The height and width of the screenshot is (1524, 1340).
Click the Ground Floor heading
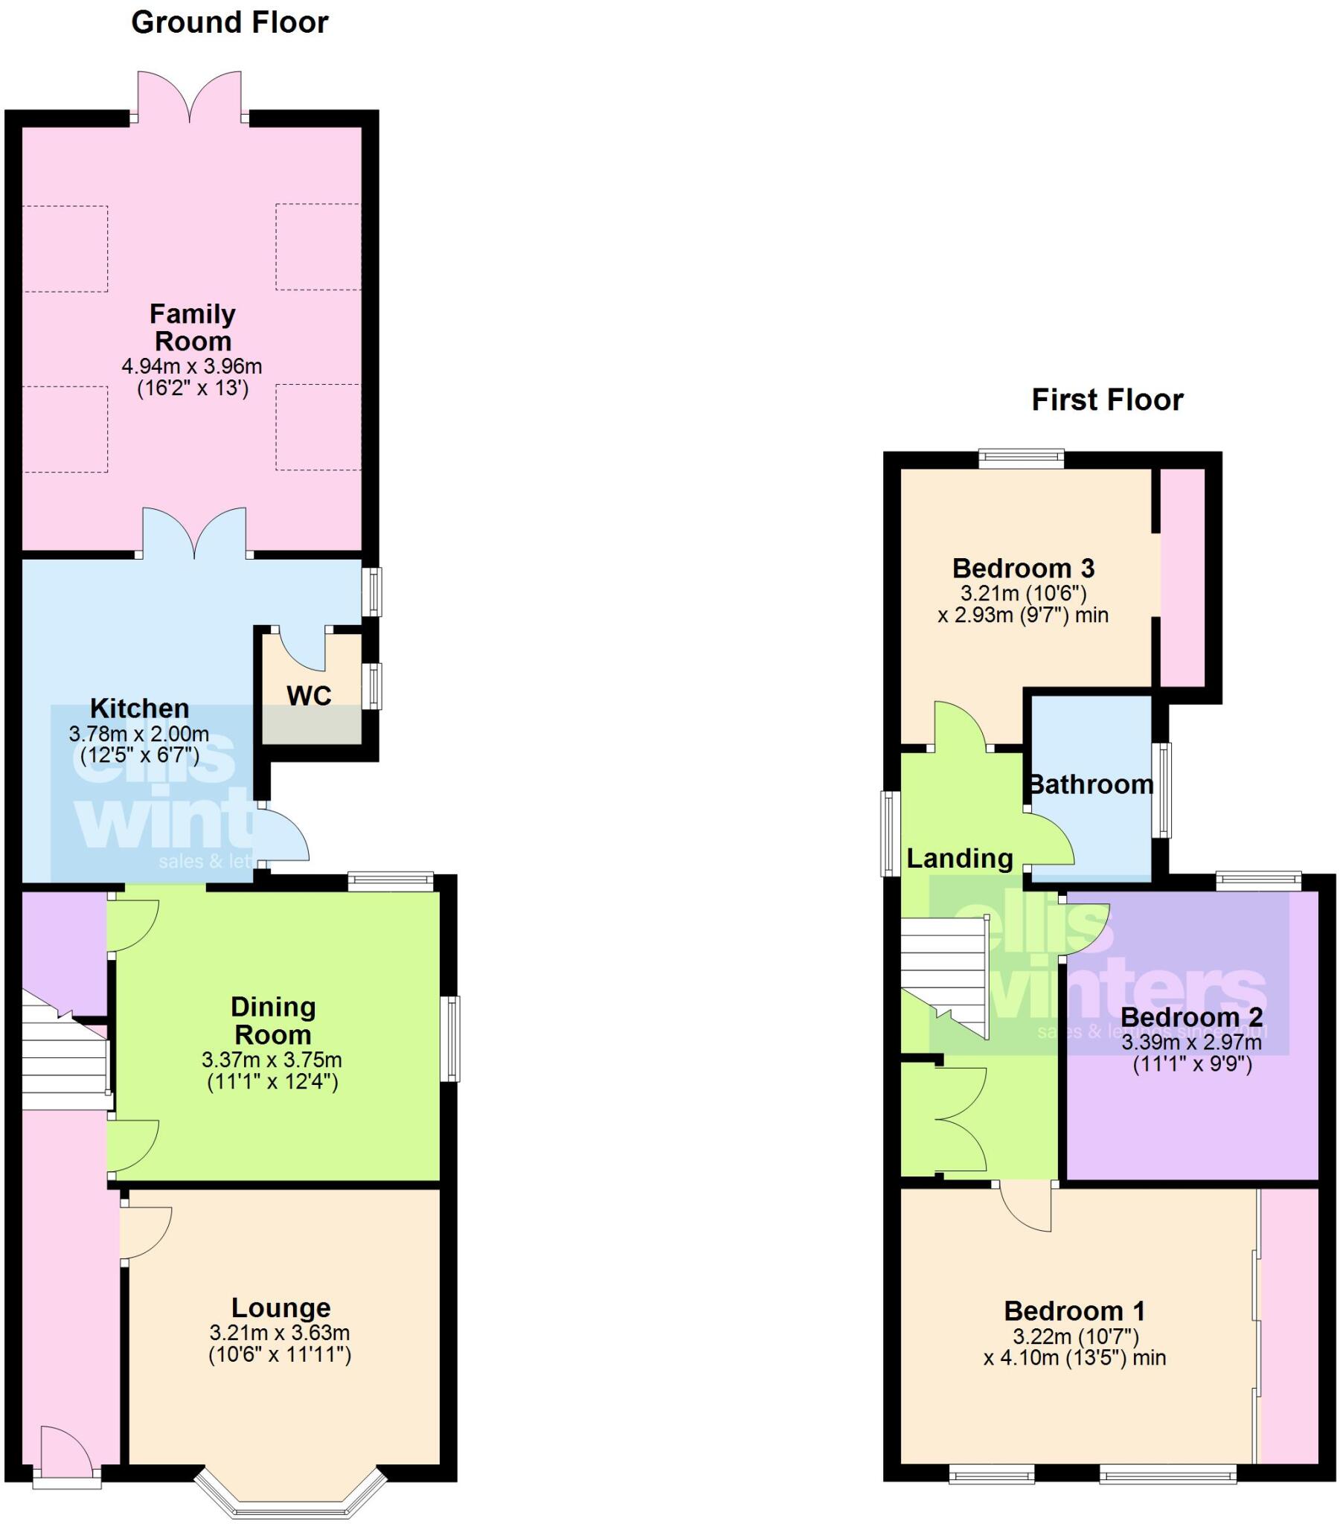coord(230,23)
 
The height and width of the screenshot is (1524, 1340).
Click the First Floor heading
coord(1106,400)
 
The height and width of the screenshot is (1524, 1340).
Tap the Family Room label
coord(193,327)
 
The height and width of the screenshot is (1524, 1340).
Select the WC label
coord(309,696)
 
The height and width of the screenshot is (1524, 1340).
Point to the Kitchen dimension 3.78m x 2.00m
coord(138,734)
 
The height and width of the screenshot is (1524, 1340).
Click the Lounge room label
coord(280,1307)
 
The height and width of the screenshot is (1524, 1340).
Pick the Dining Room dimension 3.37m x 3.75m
coord(272,1060)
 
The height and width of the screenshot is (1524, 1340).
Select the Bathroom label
coord(1091,784)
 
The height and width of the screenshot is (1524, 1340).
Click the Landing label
coord(960,858)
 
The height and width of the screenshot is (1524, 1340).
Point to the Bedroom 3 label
coord(1023,568)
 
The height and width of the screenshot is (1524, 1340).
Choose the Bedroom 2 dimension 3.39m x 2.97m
coord(1192,1042)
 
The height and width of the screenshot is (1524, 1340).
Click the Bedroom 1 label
coord(1074,1310)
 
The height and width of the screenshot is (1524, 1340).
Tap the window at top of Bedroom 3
coord(1021,458)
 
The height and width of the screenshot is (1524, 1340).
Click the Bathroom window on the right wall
coord(1161,790)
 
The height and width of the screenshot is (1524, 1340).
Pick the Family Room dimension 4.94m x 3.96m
coord(192,366)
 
